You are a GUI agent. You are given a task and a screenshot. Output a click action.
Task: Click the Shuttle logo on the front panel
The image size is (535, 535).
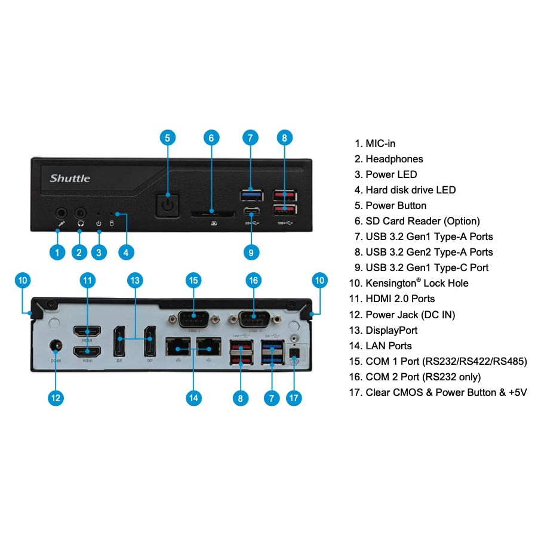[x=70, y=178]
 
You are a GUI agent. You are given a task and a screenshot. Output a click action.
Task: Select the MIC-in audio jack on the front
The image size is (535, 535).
[x=60, y=213]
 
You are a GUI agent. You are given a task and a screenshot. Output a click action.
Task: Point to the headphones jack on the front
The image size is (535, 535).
[x=81, y=213]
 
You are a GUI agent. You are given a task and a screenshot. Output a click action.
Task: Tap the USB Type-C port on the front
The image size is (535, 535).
[x=251, y=213]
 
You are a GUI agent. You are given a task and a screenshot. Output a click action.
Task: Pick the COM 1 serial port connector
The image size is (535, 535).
[x=193, y=318]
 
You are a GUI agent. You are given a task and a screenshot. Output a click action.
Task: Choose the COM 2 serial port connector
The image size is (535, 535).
[x=252, y=318]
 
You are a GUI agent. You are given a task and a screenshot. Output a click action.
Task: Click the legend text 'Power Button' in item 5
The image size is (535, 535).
[x=396, y=205]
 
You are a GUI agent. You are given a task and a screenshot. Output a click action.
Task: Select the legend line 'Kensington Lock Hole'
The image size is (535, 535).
[x=417, y=283]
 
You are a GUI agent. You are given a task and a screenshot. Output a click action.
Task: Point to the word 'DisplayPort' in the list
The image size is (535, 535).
[x=391, y=330]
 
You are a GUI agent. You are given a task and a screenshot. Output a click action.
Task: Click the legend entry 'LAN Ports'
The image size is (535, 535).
[x=389, y=346]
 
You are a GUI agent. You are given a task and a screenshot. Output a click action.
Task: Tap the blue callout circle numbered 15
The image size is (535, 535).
[x=193, y=279]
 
